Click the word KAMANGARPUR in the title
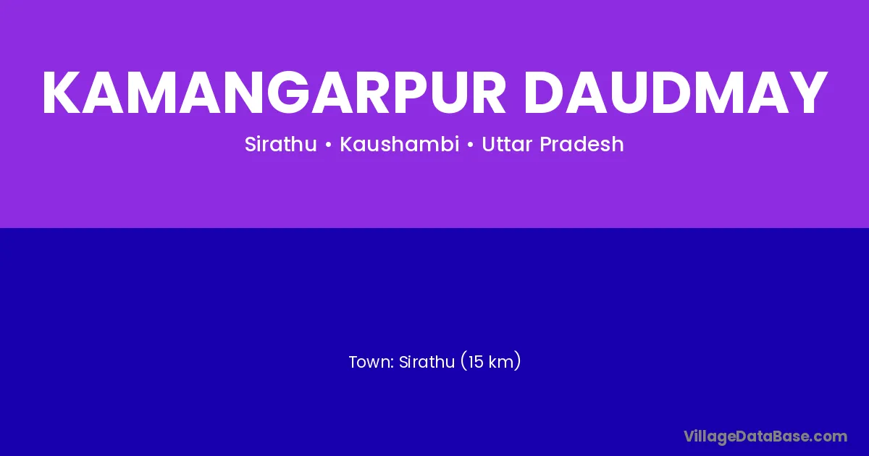point(274,93)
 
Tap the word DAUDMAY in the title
point(676,93)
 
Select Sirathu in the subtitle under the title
point(281,144)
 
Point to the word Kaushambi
point(400,144)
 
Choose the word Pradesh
point(582,144)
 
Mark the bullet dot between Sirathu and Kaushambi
point(329,145)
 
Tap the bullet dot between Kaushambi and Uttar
point(471,145)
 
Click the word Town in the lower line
point(371,362)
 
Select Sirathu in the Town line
point(427,362)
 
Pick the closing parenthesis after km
point(518,361)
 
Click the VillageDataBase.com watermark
point(765,436)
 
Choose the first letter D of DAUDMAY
point(545,93)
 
